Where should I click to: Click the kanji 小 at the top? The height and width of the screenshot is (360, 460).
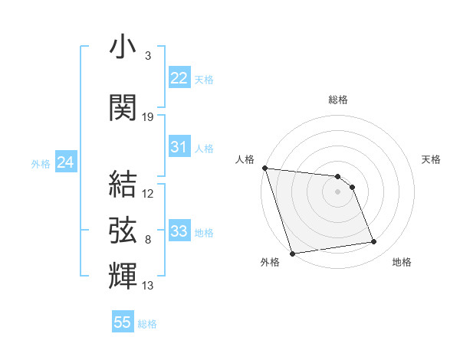[123, 48]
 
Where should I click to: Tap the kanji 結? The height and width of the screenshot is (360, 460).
[123, 184]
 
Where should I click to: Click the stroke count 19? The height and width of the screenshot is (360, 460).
[148, 117]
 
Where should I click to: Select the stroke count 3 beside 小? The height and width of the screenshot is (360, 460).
[147, 56]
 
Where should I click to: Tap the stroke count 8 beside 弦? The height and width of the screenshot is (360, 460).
[147, 240]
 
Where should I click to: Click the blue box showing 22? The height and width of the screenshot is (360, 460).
[179, 78]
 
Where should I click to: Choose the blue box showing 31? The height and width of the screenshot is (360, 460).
[179, 147]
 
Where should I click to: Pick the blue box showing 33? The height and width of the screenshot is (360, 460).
[179, 231]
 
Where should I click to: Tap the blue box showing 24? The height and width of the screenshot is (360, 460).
[66, 162]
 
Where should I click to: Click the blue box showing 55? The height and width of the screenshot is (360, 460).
[123, 322]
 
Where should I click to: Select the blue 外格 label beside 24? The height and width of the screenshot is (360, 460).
[40, 163]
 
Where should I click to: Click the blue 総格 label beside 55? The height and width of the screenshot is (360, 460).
[147, 324]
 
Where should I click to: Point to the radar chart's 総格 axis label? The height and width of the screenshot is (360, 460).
[337, 100]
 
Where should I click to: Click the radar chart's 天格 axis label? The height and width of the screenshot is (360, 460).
[431, 159]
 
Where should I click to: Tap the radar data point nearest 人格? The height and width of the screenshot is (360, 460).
[264, 168]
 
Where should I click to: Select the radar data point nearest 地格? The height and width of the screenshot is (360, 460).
[374, 242]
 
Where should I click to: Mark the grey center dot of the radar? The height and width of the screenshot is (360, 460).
[337, 191]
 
